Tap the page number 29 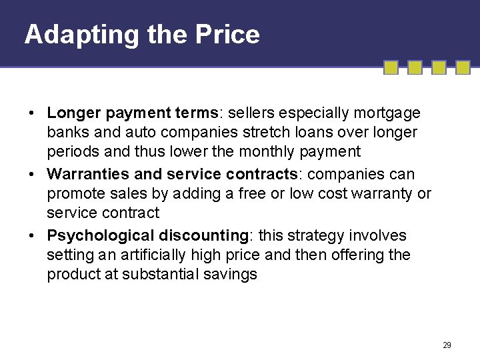(x=447, y=345)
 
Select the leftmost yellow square (x=392, y=68)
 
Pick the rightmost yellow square (x=462, y=68)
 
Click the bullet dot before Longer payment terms (x=32, y=113)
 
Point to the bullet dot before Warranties (x=32, y=175)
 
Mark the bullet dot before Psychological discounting (x=32, y=236)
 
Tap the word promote (x=74, y=194)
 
